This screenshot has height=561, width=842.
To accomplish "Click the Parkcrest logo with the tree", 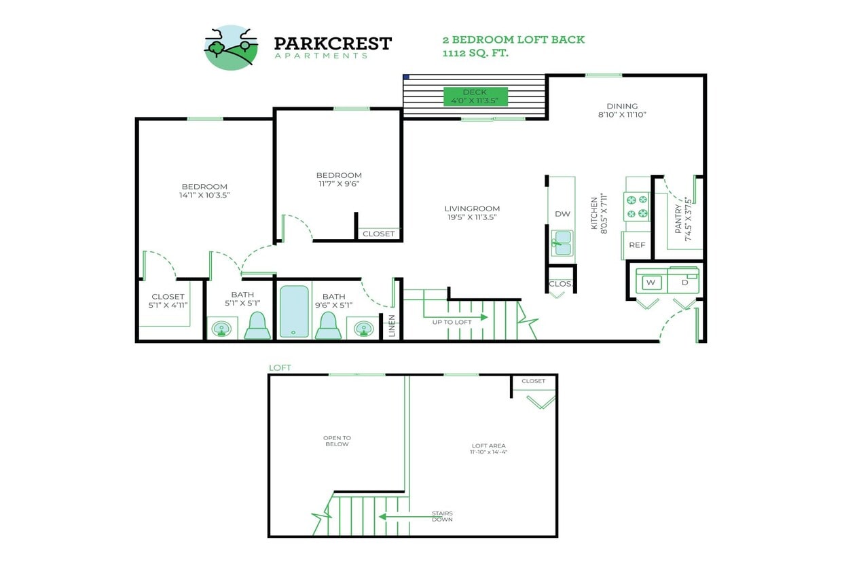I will pyautogui.click(x=231, y=48).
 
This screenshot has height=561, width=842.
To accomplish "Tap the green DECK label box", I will pyautogui.click(x=475, y=96).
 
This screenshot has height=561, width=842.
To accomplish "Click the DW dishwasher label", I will pyautogui.click(x=562, y=214).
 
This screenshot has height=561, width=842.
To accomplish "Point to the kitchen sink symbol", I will pyautogui.click(x=562, y=242).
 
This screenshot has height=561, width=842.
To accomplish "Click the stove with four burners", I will pyautogui.click(x=637, y=207).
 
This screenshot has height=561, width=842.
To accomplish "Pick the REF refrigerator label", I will pyautogui.click(x=637, y=245).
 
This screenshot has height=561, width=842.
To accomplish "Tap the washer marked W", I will pyautogui.click(x=650, y=282).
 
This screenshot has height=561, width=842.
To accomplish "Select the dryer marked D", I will pyautogui.click(x=684, y=282).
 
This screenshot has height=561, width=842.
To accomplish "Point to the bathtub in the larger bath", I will pyautogui.click(x=294, y=311).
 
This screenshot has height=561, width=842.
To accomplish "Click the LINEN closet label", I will pyautogui.click(x=392, y=326).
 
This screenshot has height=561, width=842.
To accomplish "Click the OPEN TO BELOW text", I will pyautogui.click(x=337, y=441).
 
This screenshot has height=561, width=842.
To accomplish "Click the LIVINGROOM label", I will pyautogui.click(x=472, y=209).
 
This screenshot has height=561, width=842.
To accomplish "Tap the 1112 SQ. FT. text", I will pyautogui.click(x=475, y=53).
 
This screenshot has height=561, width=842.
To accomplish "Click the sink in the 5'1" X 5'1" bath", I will pyautogui.click(x=221, y=329).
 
